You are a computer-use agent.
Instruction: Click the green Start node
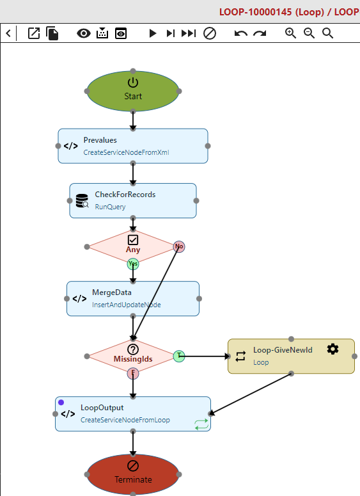[133, 91]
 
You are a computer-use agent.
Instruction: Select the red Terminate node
[133, 474]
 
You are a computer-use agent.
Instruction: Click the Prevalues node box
[133, 146]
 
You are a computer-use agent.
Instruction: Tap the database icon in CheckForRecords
[82, 200]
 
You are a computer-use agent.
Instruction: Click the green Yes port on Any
[133, 264]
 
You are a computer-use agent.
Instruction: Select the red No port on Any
[179, 246]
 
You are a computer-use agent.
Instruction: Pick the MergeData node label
[111, 292]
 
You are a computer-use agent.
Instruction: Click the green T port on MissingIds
[179, 356]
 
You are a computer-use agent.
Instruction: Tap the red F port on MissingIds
[133, 373]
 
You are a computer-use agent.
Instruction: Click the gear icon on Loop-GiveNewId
[333, 349]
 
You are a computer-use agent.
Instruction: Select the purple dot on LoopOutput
[61, 402]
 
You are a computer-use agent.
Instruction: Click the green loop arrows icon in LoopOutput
[201, 424]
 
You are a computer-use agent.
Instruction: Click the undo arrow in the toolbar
[241, 33]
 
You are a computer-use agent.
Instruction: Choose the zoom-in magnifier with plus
[290, 33]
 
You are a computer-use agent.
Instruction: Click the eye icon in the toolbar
[83, 33]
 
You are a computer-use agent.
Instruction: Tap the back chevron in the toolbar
[8, 33]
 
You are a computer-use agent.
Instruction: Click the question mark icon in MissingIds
[133, 349]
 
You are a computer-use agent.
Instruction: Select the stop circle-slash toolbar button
[210, 33]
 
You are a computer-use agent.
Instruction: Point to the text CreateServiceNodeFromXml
[126, 152]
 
